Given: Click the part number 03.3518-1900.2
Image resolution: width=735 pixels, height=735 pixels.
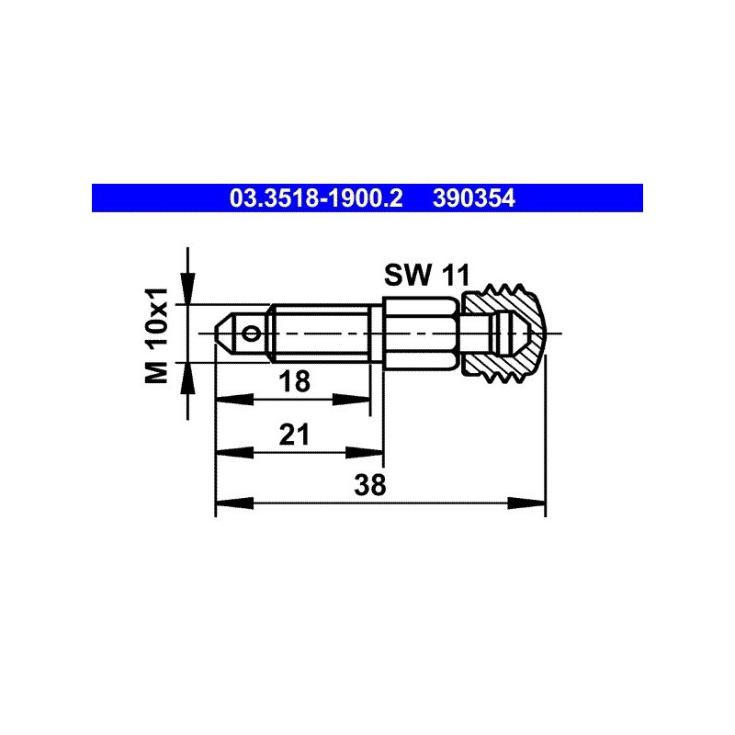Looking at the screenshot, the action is coord(316,198).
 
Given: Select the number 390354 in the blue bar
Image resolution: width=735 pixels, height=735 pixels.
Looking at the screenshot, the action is coord(474,198).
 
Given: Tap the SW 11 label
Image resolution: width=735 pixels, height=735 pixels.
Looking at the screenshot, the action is coord(426,275).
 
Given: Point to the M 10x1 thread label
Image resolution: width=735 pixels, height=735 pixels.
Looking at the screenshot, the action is coord(156,335).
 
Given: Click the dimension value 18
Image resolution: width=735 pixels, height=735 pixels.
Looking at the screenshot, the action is coord(294,381).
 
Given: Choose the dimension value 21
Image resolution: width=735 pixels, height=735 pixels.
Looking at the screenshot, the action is coord(294,435).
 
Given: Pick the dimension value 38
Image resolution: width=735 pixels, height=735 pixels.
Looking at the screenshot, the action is coord(370,485).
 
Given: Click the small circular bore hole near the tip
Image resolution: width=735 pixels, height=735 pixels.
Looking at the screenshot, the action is coord(252,334).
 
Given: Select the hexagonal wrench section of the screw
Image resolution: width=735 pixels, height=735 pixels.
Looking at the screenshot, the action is coord(420,334).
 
